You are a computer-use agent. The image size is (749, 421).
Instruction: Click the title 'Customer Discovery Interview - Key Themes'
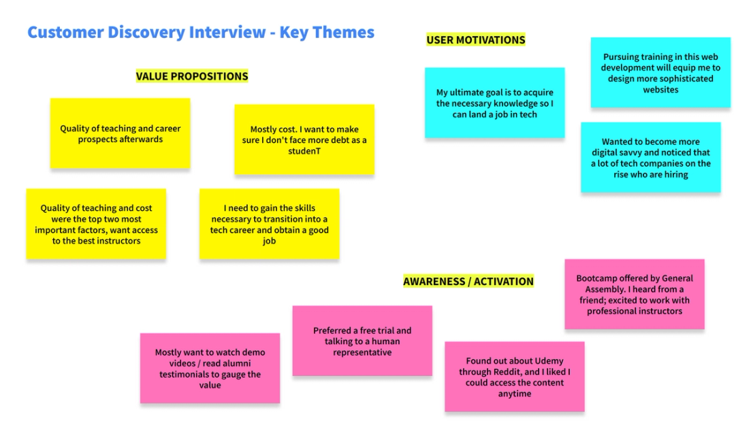pos(201,32)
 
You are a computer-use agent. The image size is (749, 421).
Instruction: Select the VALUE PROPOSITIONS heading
pos(192,76)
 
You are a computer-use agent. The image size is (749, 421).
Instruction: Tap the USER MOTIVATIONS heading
pos(475,40)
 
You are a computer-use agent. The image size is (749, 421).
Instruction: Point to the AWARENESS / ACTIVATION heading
pos(468,282)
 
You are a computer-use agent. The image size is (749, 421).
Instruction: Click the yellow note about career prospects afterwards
pos(120,133)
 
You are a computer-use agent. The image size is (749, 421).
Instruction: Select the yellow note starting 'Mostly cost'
pos(304,139)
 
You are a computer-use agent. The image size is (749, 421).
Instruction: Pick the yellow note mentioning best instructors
pos(96,224)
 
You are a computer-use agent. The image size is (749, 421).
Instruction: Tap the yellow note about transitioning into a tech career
pos(269,224)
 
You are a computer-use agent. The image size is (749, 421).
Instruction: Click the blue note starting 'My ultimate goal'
pos(494,103)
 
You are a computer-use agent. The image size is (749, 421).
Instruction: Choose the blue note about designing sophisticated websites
pos(660,73)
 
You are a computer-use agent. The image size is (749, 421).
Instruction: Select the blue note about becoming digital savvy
pos(650,157)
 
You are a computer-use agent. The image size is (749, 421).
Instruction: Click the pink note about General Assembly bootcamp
pos(635,294)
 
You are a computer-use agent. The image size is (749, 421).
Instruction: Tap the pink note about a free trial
pos(362,341)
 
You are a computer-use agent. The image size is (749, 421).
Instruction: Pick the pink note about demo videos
pos(210,368)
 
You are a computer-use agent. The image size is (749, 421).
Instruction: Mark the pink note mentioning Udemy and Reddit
pos(514,377)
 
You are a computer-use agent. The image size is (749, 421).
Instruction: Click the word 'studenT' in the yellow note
pos(304,151)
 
